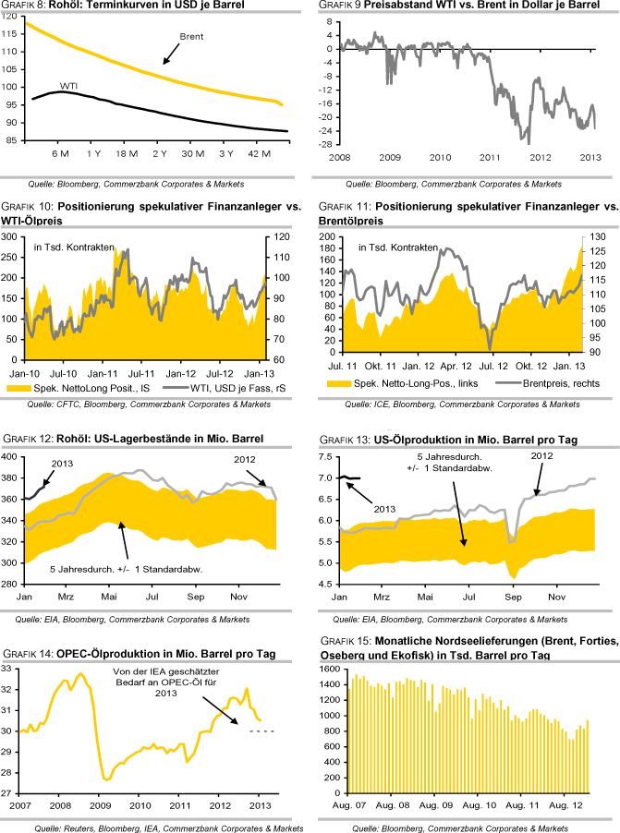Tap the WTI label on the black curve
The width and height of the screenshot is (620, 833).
(67, 85)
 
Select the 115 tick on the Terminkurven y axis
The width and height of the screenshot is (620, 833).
(13, 33)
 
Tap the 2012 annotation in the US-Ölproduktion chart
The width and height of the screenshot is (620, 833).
(541, 456)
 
